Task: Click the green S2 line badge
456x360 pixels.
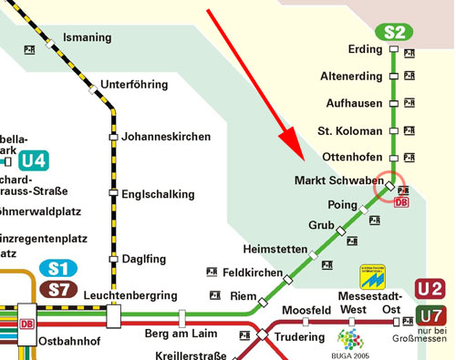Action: coord(394,32)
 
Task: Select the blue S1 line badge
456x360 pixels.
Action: coord(58,270)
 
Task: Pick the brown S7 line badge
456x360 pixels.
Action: coord(58,290)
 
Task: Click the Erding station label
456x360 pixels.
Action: coord(367,48)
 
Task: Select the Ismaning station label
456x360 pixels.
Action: coord(87,37)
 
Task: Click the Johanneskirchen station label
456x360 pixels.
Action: coord(167,137)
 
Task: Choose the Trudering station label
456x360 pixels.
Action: coord(301,334)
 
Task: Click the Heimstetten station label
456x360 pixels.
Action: coord(274,249)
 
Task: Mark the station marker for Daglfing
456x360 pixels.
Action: coord(114,259)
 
